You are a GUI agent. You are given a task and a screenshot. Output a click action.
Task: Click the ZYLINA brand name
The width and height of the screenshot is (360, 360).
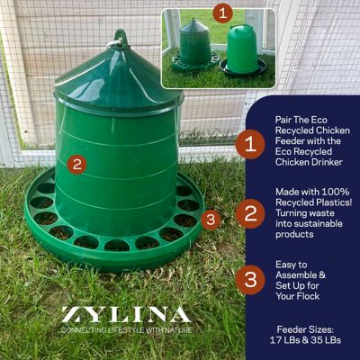point(125,315)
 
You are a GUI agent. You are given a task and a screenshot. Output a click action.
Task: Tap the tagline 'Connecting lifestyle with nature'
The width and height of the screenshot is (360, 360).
point(125,330)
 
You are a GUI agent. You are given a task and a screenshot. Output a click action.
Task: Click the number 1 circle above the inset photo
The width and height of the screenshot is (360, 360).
point(223,13)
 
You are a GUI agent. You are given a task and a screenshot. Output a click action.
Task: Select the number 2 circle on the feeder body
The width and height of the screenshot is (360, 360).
point(77,165)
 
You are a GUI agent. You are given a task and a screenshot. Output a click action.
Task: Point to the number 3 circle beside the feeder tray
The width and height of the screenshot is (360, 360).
point(211,219)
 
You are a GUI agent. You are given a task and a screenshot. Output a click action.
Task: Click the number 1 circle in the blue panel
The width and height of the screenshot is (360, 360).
point(250,143)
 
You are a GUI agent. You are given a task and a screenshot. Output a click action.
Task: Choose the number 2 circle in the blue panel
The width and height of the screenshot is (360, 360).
point(250,213)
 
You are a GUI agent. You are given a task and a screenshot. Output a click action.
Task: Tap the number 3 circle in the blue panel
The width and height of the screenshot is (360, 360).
point(250,280)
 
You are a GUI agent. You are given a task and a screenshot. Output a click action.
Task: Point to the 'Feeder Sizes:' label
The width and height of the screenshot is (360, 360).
point(307,330)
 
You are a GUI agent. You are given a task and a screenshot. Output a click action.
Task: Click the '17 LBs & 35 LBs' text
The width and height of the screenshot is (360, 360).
point(307,343)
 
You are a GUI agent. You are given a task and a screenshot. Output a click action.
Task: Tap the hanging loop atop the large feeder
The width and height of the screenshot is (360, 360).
point(118,39)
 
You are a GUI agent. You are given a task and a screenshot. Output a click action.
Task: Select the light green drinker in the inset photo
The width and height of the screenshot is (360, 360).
point(242,49)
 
